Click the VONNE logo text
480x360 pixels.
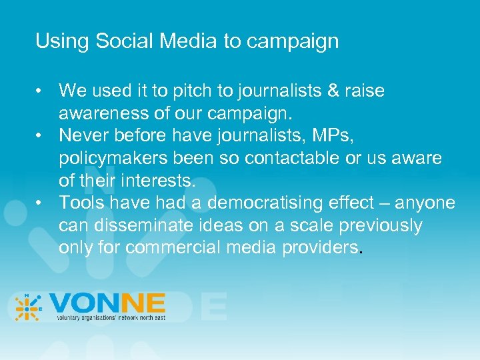[x=107, y=305]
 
